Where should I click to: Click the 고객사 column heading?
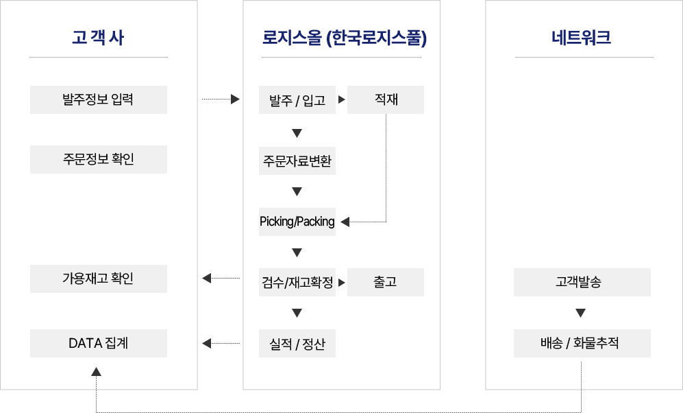(x=98, y=38)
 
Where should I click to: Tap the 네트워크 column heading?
(x=581, y=38)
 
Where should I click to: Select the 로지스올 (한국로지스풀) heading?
(x=344, y=38)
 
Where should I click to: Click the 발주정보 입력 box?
(x=99, y=100)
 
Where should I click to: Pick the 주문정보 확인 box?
(x=99, y=159)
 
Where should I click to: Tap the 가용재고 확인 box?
(x=99, y=279)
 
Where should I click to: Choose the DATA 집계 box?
(x=99, y=343)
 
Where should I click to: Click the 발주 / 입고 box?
(x=297, y=100)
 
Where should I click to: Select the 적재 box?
(x=386, y=100)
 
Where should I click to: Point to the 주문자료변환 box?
(x=297, y=161)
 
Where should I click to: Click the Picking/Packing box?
(x=297, y=222)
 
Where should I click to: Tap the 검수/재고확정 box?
(x=297, y=282)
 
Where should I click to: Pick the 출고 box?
(x=386, y=282)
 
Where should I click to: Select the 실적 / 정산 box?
(x=297, y=343)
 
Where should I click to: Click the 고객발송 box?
(x=582, y=282)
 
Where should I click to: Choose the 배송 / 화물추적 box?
(x=582, y=343)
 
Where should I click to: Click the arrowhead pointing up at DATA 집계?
(x=97, y=372)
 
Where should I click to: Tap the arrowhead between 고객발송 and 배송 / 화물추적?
(x=580, y=313)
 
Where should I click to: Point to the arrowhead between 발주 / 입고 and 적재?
(x=341, y=99)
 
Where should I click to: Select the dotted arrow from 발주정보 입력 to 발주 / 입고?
(x=221, y=99)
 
